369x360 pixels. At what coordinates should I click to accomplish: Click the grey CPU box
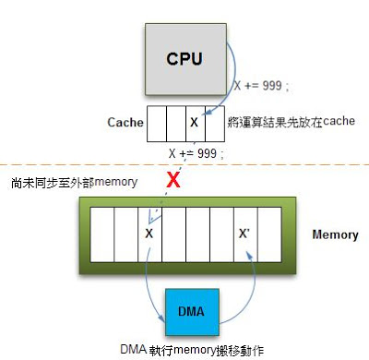[184, 58]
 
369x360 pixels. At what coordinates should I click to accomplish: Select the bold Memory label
[334, 234]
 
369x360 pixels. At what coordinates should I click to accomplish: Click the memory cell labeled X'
[244, 234]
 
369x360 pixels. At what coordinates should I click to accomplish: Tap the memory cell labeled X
[149, 234]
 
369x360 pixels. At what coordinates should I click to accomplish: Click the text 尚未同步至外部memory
[67, 183]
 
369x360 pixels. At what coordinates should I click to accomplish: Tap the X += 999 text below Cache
[196, 152]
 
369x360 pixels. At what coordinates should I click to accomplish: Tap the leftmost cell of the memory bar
[101, 234]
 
